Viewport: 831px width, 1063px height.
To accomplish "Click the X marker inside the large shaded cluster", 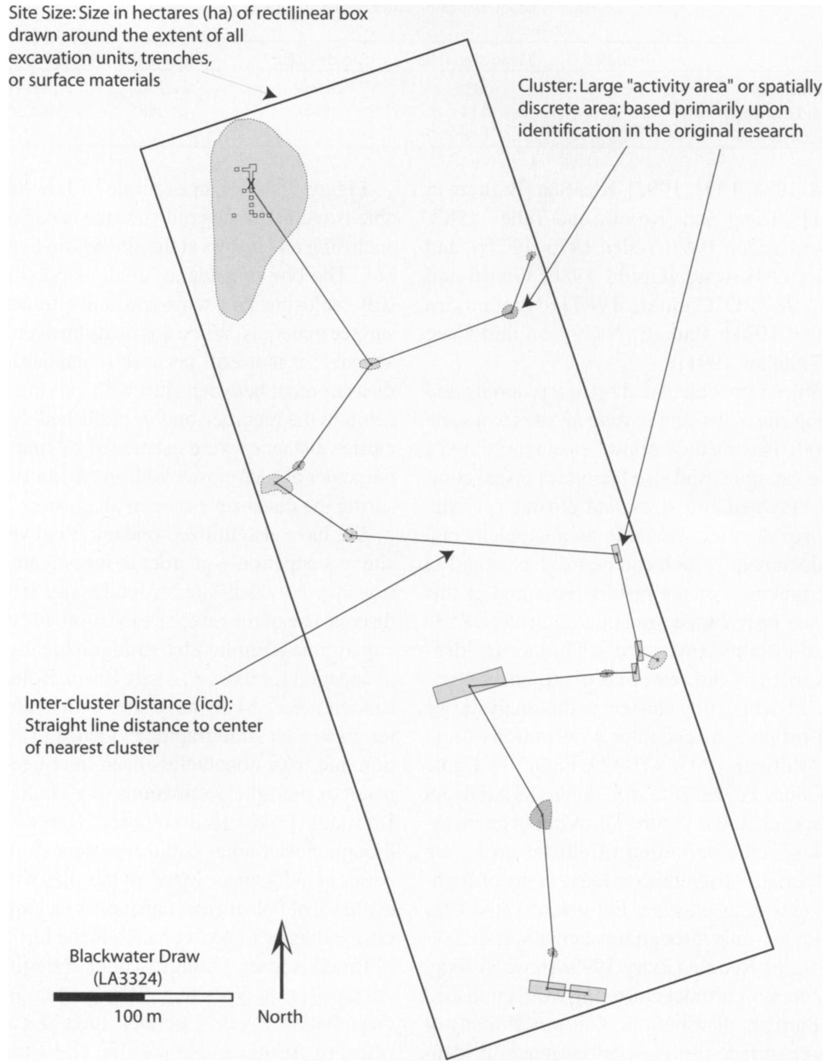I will click(x=251, y=183).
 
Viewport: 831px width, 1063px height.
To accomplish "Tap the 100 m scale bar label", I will click(x=137, y=1016).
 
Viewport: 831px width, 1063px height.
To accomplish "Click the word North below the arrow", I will click(x=280, y=1017).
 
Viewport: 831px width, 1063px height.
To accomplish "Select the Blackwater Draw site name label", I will click(x=134, y=957).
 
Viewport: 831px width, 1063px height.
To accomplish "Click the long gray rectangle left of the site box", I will click(x=470, y=685).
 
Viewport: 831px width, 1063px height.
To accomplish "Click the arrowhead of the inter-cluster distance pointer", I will click(x=447, y=554).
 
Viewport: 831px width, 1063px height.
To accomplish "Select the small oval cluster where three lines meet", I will click(x=370, y=363).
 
